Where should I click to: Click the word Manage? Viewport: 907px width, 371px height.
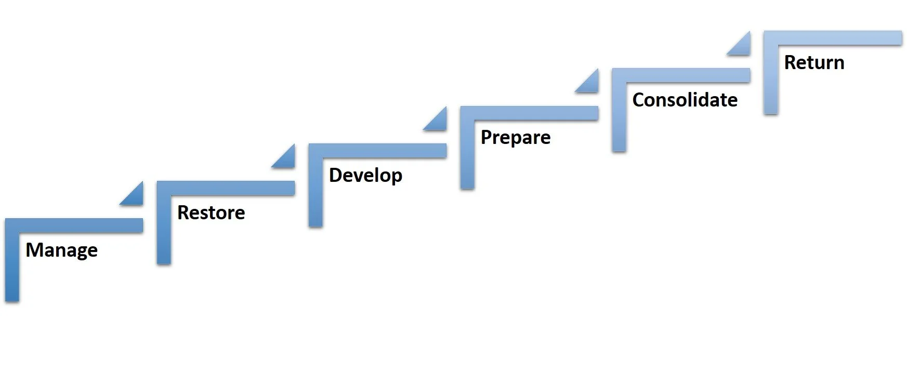pos(61,250)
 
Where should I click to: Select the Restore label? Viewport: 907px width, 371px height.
pos(211,213)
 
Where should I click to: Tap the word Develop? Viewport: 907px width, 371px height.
pos(365,176)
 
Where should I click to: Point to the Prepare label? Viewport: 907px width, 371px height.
pos(515,138)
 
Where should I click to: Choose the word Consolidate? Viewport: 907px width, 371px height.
pos(685,100)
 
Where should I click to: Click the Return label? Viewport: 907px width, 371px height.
pos(814,62)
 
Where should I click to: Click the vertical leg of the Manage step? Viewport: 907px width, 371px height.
pos(12,265)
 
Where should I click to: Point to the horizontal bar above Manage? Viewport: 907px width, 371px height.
pos(78,225)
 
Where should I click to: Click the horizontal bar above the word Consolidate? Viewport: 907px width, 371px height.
pos(686,75)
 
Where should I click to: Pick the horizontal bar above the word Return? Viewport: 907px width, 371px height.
pos(837,38)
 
